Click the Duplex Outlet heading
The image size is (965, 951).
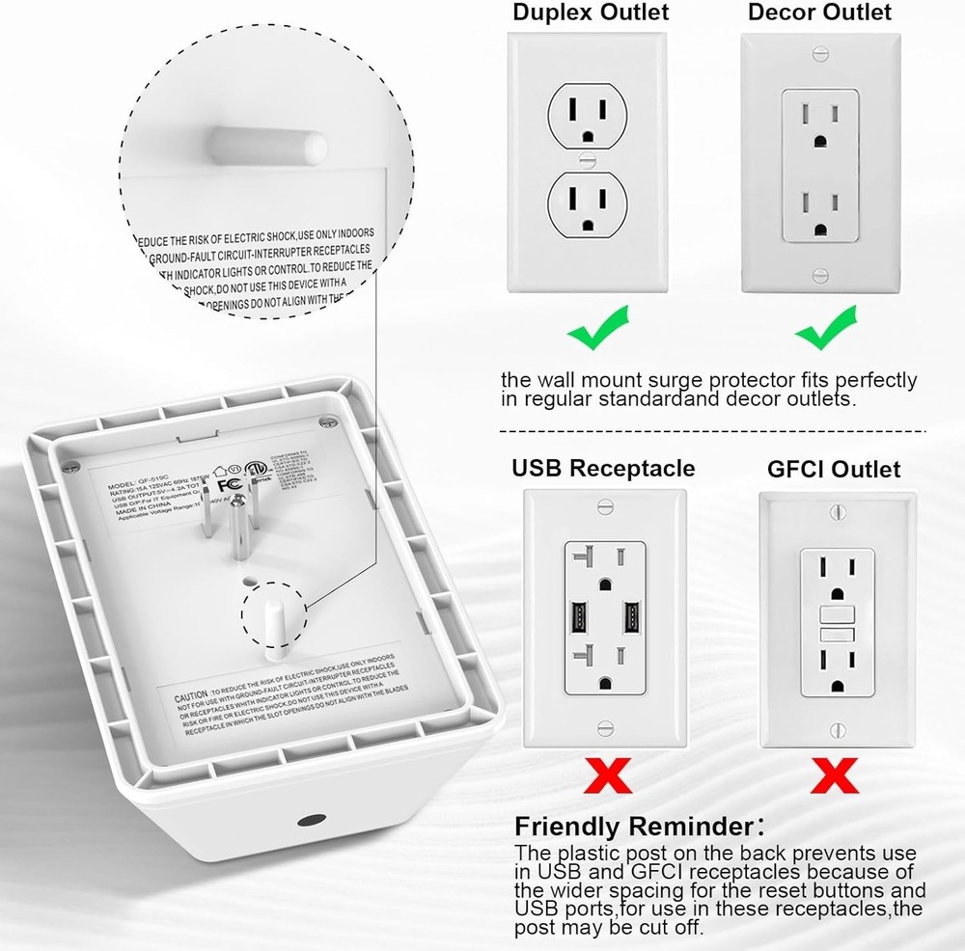pos(591,14)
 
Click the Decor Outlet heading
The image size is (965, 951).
pos(820,14)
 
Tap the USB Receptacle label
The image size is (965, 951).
pos(603,469)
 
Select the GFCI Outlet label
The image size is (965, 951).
pos(834,470)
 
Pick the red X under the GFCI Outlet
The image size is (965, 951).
pos(835,774)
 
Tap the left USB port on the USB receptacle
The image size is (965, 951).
pos(580,618)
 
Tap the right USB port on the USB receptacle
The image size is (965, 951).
pos(632,618)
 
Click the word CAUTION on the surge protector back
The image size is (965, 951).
pos(191,695)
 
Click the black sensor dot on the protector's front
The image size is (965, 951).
pos(311,821)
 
